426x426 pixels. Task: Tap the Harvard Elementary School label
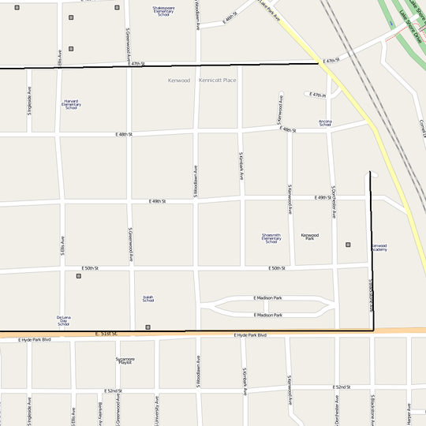[x=71, y=104]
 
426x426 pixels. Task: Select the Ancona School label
[x=325, y=122]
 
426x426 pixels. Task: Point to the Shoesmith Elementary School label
[x=271, y=237]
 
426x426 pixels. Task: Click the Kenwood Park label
[x=310, y=236]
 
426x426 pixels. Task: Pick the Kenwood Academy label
[x=379, y=247]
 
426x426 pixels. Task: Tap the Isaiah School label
[x=148, y=299]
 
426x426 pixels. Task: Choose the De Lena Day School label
[x=63, y=320]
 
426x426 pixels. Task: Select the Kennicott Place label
[x=218, y=80]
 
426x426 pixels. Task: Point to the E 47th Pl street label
[x=318, y=95]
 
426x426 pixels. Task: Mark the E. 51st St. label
[x=106, y=334]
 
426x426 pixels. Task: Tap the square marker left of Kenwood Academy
[x=348, y=245]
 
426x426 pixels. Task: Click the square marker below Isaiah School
[x=148, y=327]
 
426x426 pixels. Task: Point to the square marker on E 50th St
[x=77, y=276]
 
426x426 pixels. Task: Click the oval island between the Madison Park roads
[x=268, y=307]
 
